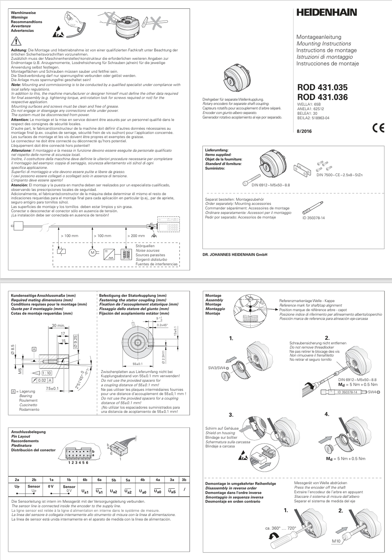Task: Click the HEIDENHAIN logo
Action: [x=326, y=13]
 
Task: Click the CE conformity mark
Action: [x=378, y=128]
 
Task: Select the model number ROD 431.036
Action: [x=322, y=97]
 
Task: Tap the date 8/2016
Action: [x=304, y=131]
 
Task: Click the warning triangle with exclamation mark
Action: [x=16, y=42]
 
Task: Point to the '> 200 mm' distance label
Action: [x=136, y=236]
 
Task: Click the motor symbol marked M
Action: [x=92, y=253]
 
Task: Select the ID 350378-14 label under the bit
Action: [x=314, y=218]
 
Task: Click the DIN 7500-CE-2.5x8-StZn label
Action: [x=339, y=175]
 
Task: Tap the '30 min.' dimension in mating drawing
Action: [x=58, y=325]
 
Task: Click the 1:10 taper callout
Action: [x=46, y=373]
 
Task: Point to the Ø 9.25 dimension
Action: [x=75, y=341]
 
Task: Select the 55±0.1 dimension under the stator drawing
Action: [x=138, y=364]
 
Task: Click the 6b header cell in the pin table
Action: [x=85, y=480]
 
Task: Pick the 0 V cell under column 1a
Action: [x=51, y=486]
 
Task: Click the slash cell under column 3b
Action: [x=184, y=489]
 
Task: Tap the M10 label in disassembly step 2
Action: [x=336, y=541]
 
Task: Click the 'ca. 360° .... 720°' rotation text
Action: [x=280, y=528]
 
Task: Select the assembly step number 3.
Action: [x=231, y=415]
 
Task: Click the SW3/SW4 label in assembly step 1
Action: [x=216, y=368]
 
